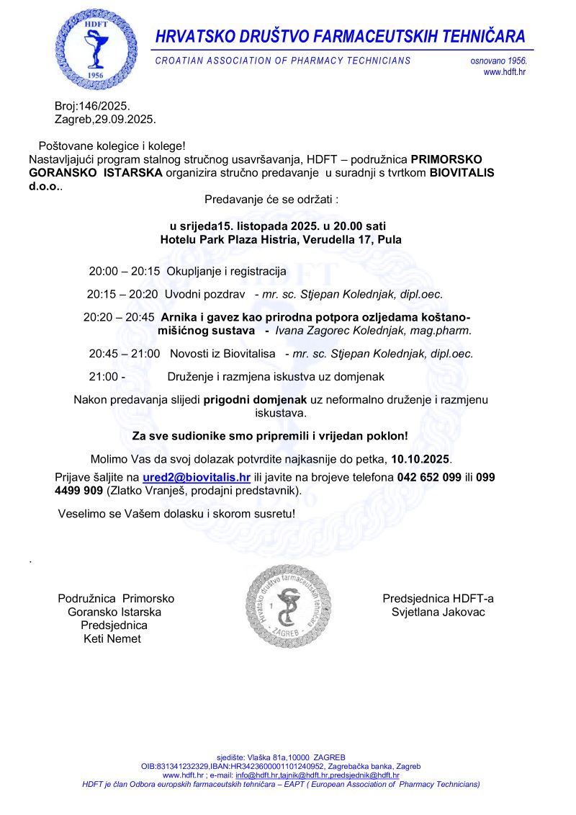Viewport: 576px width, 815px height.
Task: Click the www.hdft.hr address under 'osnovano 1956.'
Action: point(505,72)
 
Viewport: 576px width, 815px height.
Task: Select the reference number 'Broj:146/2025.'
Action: point(92,106)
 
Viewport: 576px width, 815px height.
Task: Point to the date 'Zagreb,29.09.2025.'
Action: point(105,119)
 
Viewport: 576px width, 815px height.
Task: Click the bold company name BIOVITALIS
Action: point(462,172)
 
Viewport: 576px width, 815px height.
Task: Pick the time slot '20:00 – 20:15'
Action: point(124,272)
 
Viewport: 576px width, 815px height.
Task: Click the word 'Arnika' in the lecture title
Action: point(178,316)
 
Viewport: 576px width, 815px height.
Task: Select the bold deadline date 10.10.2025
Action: point(421,458)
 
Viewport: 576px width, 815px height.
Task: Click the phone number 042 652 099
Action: point(429,478)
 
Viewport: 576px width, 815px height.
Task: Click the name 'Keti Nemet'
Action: point(112,638)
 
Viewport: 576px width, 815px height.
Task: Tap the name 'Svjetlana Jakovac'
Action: point(438,612)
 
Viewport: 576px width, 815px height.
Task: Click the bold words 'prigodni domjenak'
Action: point(256,399)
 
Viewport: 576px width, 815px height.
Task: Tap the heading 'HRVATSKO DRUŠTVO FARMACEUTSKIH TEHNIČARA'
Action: point(341,36)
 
